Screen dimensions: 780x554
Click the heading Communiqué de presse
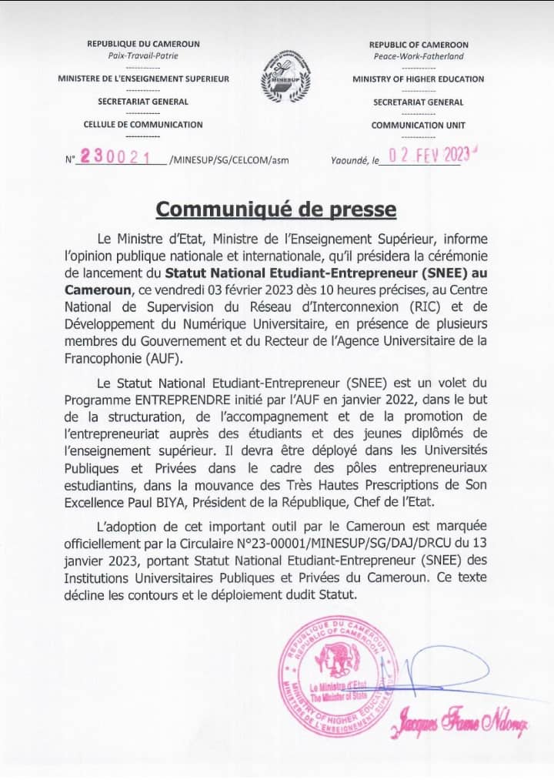[x=277, y=209]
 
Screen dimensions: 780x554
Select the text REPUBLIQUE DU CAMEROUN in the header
[x=144, y=45]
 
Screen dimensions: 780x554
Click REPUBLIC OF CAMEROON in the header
[x=419, y=45]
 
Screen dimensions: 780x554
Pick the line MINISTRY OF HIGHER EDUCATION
[x=419, y=79]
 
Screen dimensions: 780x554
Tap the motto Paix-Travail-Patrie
[x=144, y=56]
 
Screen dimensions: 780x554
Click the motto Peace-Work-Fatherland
[x=419, y=56]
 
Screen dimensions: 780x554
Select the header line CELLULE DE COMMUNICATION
[x=143, y=124]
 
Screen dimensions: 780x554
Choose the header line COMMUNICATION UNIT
[x=419, y=125]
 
